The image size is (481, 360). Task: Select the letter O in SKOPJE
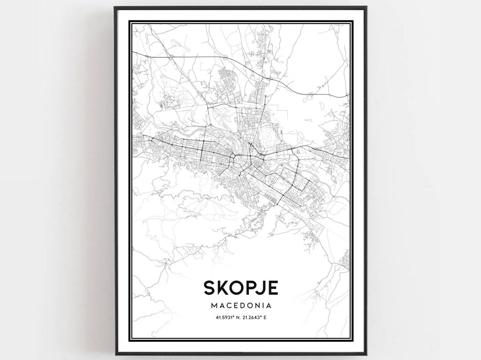[238, 287]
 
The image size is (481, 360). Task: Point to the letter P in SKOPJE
[252, 287]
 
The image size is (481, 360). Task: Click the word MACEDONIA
[240, 306]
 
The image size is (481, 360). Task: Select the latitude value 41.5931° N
[226, 317]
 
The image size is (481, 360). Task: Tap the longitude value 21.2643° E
[256, 317]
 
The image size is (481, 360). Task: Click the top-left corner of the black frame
[115, 7]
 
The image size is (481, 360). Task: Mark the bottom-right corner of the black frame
[366, 354]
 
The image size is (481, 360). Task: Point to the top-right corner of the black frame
[366, 7]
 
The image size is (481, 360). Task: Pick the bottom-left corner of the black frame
[115, 354]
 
